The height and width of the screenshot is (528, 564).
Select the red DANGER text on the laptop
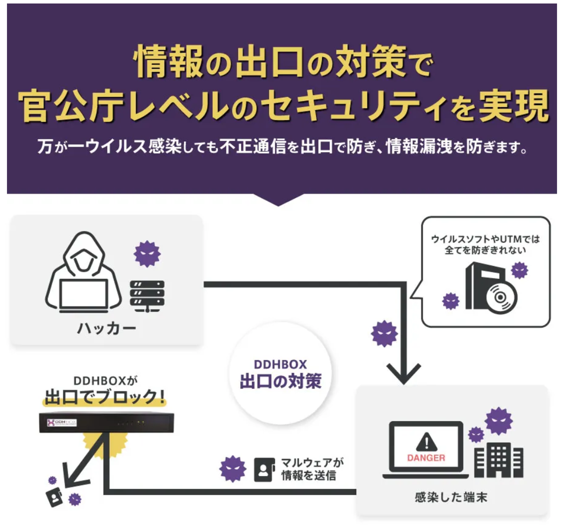(426, 458)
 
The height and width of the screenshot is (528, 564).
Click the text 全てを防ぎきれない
(485, 250)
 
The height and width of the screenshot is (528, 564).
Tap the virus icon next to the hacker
(147, 254)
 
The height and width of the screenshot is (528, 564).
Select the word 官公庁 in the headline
(71, 106)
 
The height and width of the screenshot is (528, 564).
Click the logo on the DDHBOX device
(62, 423)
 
